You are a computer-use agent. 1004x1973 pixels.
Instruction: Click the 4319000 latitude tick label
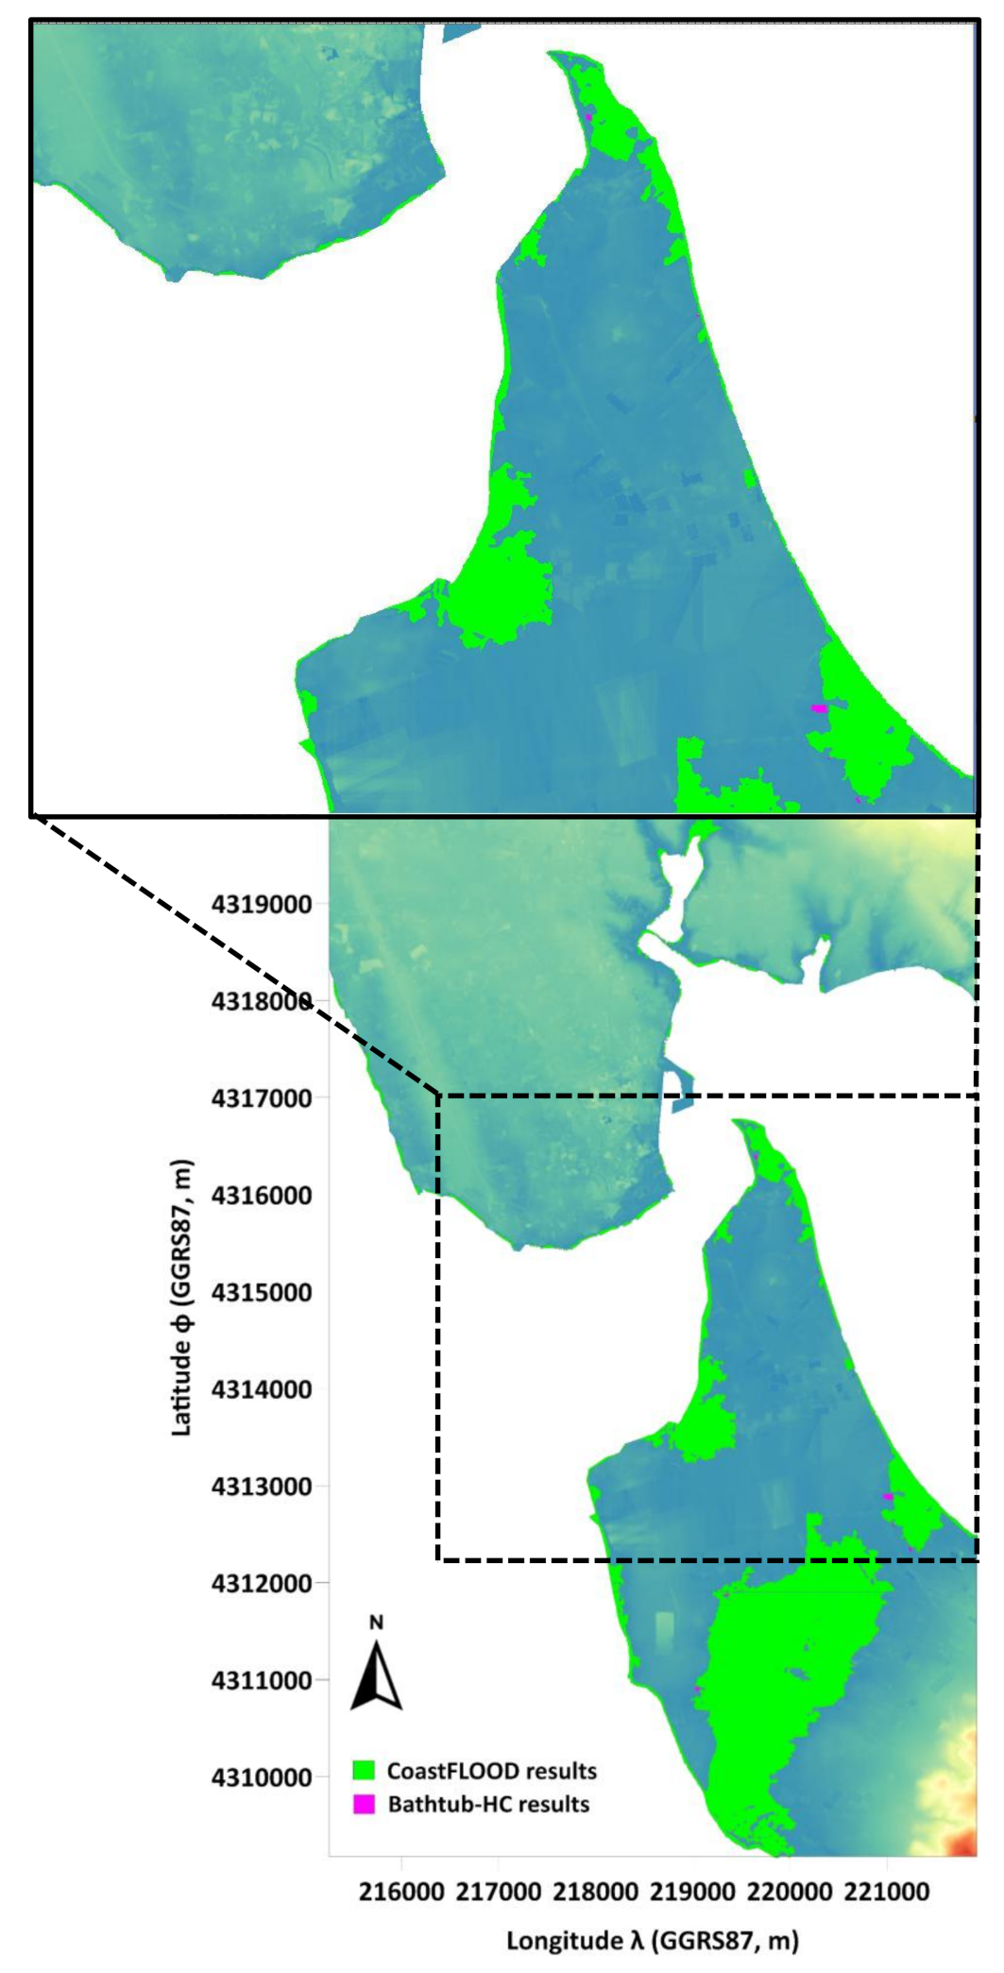click(263, 904)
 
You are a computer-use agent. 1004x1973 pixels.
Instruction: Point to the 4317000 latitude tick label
click(263, 1098)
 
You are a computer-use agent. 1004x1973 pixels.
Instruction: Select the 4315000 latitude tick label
click(263, 1292)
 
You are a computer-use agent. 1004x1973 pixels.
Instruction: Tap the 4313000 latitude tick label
click(263, 1487)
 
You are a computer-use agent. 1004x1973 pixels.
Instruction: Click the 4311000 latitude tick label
click(263, 1680)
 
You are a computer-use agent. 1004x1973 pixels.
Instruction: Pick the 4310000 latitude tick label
click(263, 1777)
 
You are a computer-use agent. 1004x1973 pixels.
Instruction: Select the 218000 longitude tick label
click(595, 1893)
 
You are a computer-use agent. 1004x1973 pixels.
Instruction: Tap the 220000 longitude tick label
click(790, 1893)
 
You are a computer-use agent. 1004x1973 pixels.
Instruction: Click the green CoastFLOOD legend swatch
click(364, 1769)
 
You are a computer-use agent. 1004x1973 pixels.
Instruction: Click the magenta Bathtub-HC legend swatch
click(364, 1804)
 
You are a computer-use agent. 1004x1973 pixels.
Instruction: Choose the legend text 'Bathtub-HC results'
click(488, 1804)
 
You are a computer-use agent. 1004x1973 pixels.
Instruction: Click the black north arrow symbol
click(376, 1675)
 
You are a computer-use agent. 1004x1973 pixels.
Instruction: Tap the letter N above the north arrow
click(376, 1624)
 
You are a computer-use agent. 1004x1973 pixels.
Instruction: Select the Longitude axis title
click(653, 1940)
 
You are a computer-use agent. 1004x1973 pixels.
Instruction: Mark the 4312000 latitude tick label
click(263, 1584)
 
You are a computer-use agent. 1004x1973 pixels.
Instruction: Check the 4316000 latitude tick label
click(263, 1196)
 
